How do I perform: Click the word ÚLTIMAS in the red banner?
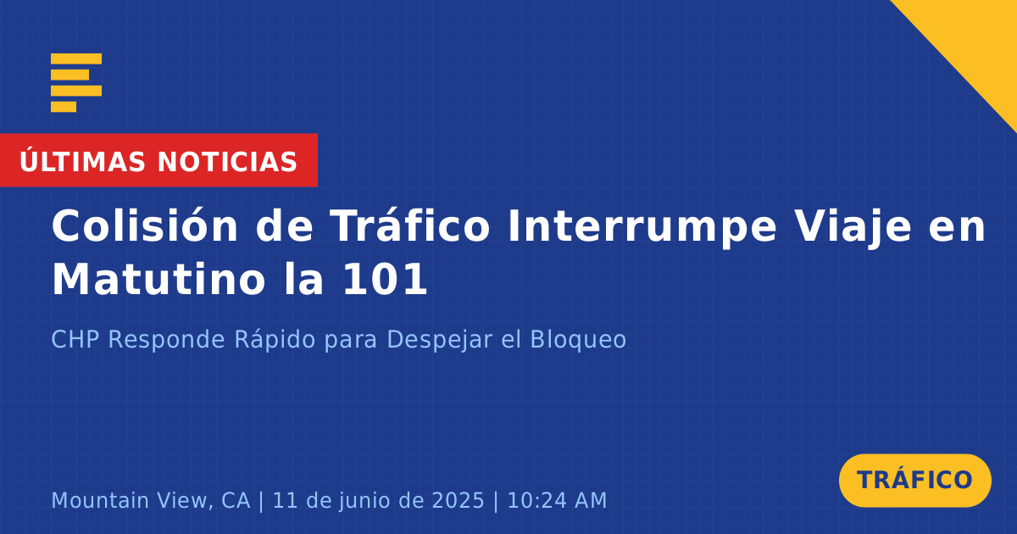pos(82,160)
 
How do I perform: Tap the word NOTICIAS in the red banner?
pos(227,162)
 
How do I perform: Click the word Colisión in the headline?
pos(145,225)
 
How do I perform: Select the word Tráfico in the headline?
pos(409,225)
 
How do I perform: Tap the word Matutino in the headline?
pos(158,279)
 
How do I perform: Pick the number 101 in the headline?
pos(385,279)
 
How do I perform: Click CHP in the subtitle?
pos(75,339)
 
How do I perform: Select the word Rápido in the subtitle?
pos(275,341)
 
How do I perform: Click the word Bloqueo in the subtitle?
pos(578,341)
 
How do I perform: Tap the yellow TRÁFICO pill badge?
pos(914,480)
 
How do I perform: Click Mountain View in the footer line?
pos(151,500)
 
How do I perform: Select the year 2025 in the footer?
pos(458,500)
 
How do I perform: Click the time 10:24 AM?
pos(557,500)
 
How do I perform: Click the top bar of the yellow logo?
pos(76,58)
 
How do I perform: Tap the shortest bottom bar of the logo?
pos(64,107)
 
